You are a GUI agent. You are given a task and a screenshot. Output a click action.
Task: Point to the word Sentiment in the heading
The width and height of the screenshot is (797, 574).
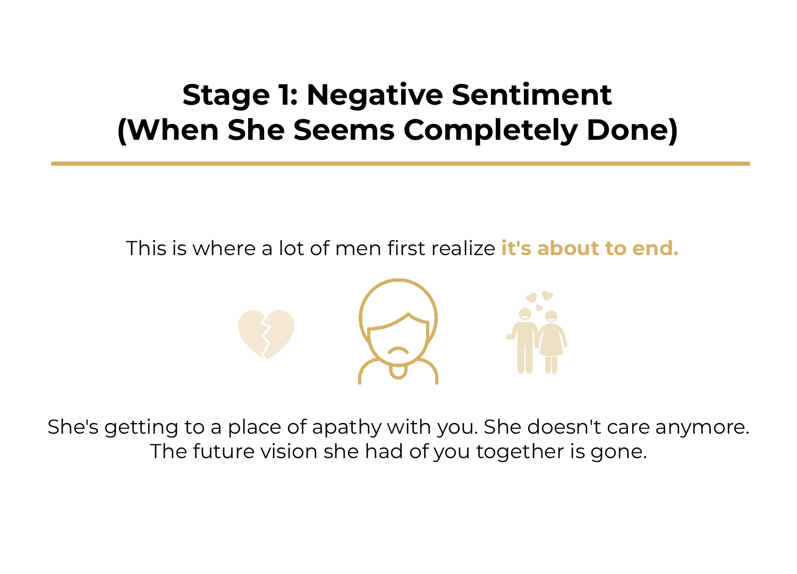point(531,95)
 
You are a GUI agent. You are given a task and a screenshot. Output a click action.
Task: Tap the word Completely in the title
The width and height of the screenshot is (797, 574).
point(490,130)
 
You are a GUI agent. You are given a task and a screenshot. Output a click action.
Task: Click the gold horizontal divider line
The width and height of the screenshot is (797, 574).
point(401,164)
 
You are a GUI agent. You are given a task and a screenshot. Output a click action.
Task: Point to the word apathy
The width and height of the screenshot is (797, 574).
point(346,427)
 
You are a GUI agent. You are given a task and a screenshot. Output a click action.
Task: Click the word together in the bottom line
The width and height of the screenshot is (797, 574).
point(520,452)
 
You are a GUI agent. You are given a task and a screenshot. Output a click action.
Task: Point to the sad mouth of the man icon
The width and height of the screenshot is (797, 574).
point(398,350)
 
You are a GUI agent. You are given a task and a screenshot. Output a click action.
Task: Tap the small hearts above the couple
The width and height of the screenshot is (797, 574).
point(540,300)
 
